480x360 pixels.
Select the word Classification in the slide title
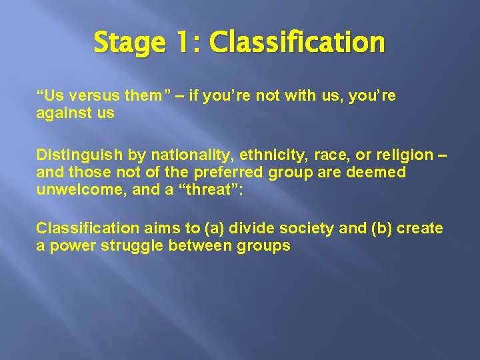(296, 43)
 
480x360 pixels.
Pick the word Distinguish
(79, 155)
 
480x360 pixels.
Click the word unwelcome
(73, 189)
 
